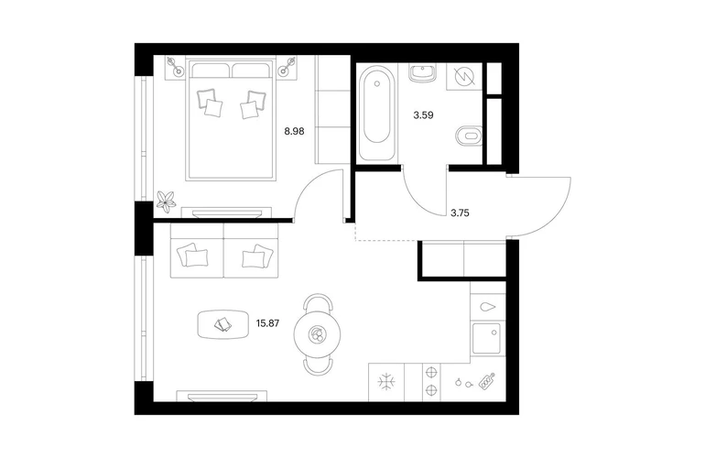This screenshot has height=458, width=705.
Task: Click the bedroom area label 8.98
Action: click(x=294, y=131)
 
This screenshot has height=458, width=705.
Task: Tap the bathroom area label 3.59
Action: click(x=423, y=115)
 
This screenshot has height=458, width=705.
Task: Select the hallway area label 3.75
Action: click(x=460, y=213)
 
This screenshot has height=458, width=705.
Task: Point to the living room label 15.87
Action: click(x=267, y=323)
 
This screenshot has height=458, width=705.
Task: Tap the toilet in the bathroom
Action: click(x=469, y=135)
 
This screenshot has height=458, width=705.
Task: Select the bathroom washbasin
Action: click(x=423, y=73)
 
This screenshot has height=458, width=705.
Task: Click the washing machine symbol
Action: click(x=464, y=76)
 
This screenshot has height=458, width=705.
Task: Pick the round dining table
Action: click(x=317, y=333)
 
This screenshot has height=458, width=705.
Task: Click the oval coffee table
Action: click(x=223, y=324)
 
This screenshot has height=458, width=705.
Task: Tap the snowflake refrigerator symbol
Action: click(x=386, y=383)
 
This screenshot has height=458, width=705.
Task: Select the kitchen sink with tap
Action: click(x=486, y=338)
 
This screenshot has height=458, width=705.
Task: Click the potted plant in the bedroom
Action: click(x=166, y=202)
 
